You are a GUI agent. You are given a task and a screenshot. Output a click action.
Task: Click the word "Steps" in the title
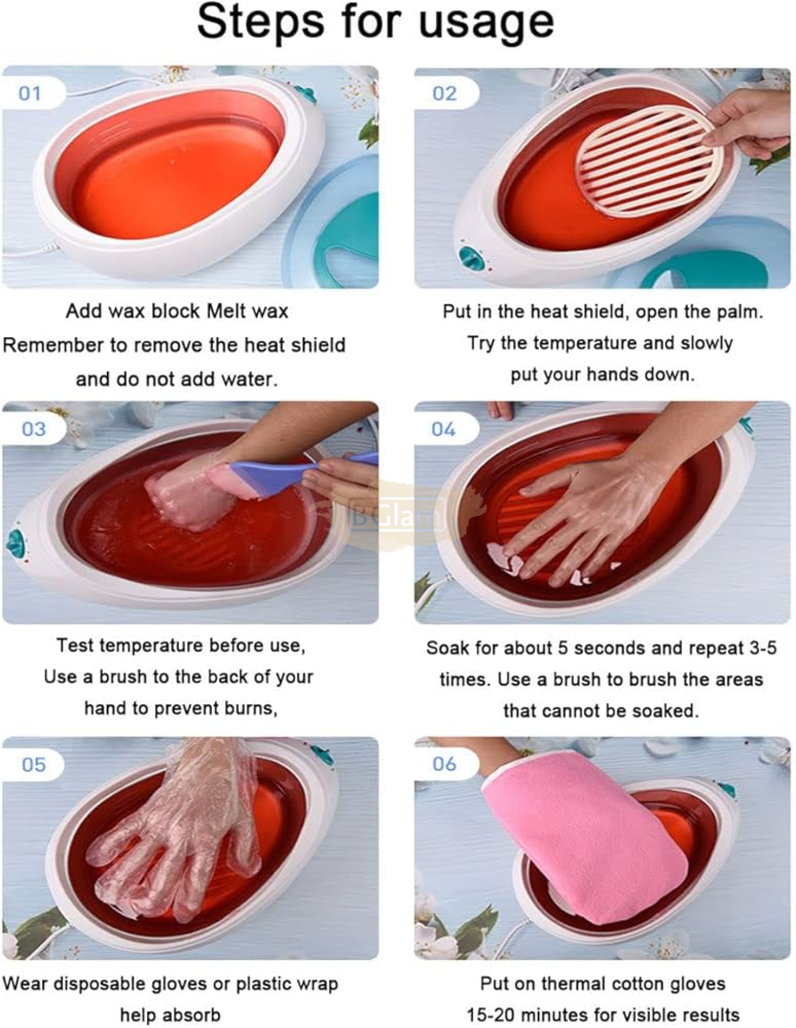coord(261,23)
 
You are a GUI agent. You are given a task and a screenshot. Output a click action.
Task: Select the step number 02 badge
coord(444,93)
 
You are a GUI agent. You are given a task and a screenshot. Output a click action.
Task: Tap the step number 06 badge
coord(444,764)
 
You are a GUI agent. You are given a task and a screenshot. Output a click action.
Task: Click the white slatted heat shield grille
coord(650,161)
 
